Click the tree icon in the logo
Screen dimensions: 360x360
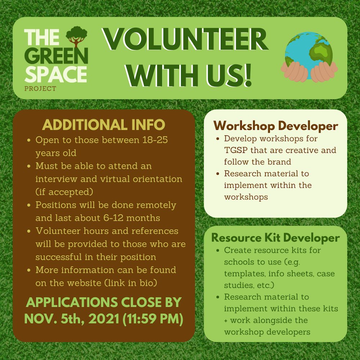point(76,36)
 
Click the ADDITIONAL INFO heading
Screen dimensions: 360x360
point(104,125)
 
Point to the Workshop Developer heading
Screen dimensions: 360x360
point(276,126)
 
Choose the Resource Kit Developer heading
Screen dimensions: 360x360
point(275,238)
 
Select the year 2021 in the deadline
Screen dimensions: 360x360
point(102,319)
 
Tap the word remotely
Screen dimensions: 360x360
point(155,205)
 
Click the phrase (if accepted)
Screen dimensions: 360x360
point(63,192)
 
